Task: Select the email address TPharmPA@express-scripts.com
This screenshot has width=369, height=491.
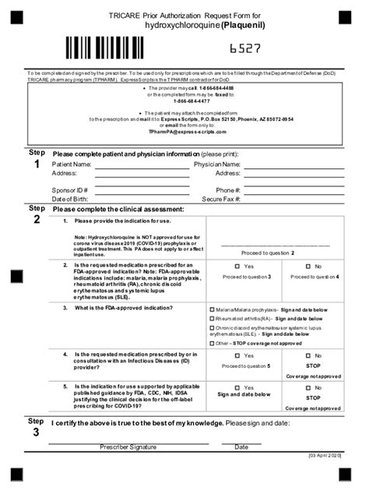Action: coord(185,132)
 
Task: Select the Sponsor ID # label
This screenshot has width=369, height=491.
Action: coord(69,190)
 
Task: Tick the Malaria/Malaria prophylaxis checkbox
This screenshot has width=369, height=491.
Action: coord(213,309)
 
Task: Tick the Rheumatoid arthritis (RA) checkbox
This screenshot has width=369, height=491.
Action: coord(213,319)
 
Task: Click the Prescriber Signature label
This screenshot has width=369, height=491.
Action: coord(128,447)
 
